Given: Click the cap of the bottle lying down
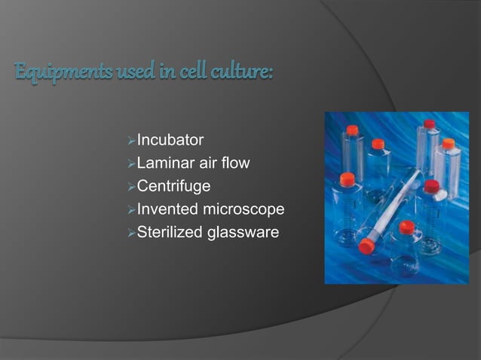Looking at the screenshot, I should pos(367,246).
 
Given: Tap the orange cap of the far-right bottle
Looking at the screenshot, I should pos(449,143).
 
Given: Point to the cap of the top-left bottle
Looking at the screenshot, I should pos(352,130).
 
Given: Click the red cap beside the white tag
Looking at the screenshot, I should pos(431,186).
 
